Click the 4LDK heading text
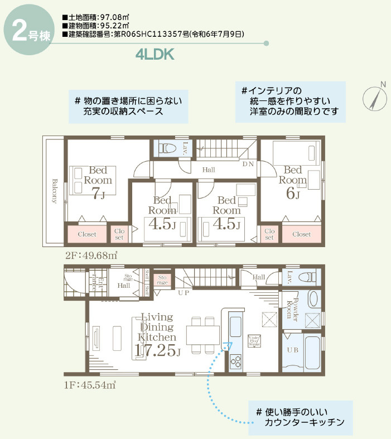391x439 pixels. tap(155, 54)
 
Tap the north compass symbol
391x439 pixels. tap(375, 98)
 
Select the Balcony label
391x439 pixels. tap(55, 191)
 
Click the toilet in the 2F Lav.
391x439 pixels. tap(167, 148)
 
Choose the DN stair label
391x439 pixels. tap(248, 164)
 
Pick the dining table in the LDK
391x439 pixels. tap(202, 335)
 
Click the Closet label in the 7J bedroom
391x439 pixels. tap(88, 234)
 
